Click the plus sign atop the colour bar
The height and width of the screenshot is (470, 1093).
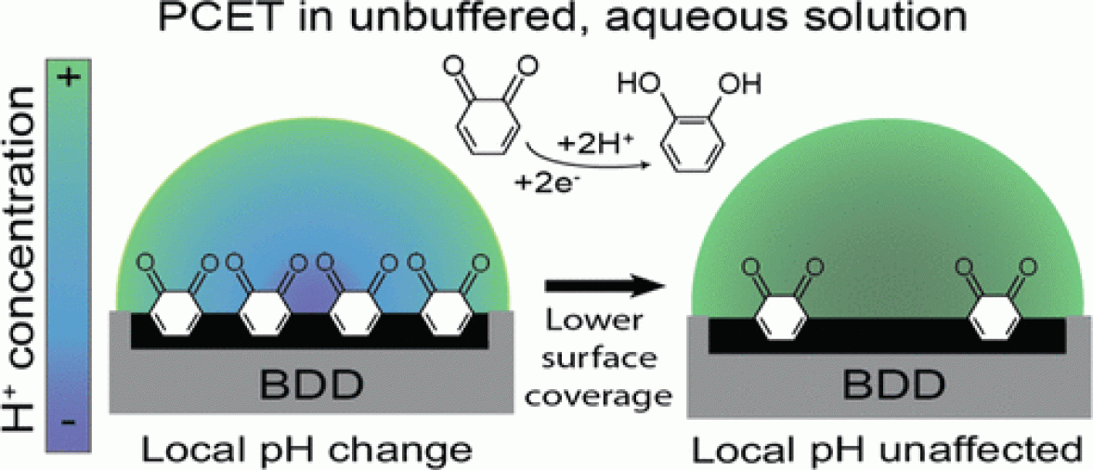(72, 78)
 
